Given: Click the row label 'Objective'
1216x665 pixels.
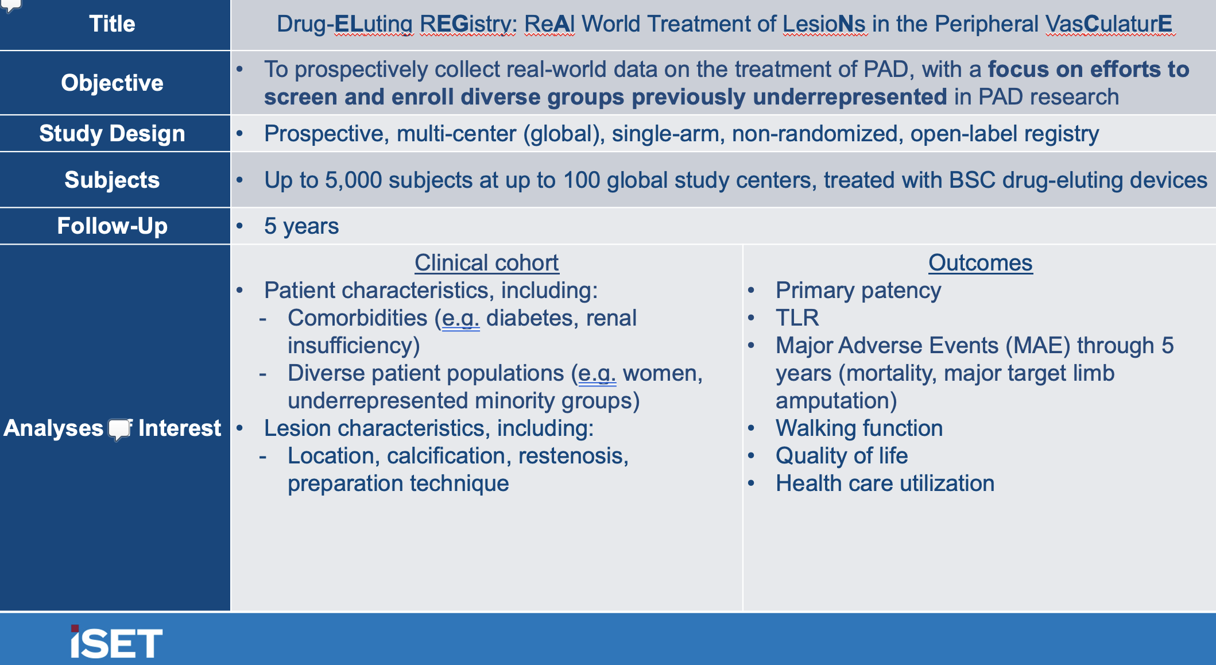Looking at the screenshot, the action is pos(112,83).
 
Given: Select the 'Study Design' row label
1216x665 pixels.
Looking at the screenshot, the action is pos(112,133).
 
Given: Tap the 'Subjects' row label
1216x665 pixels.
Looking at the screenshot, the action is pos(112,180).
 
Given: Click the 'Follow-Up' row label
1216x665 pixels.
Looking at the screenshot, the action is pos(112,226).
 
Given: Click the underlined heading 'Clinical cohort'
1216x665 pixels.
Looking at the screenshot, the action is pos(486,262).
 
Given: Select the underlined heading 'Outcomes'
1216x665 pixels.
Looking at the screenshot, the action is pos(981,262).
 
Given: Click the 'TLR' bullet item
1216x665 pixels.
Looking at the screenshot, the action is pos(797,318).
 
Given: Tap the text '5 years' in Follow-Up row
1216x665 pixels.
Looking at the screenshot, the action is pos(301,226).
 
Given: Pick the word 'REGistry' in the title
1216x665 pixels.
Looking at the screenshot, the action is pos(468,24).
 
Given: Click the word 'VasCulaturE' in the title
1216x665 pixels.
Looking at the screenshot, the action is pos(1109,24).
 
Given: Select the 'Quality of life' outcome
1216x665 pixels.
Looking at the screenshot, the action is pos(842,456).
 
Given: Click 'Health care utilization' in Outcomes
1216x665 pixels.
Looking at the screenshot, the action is pos(885,484).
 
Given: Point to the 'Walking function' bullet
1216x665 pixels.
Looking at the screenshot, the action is pos(859,428).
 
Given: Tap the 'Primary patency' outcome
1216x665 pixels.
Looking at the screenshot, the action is pos(858,291).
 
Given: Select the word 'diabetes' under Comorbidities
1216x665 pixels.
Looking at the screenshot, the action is pos(525,318).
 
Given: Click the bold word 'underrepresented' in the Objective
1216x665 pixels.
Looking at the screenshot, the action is pos(850,97).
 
